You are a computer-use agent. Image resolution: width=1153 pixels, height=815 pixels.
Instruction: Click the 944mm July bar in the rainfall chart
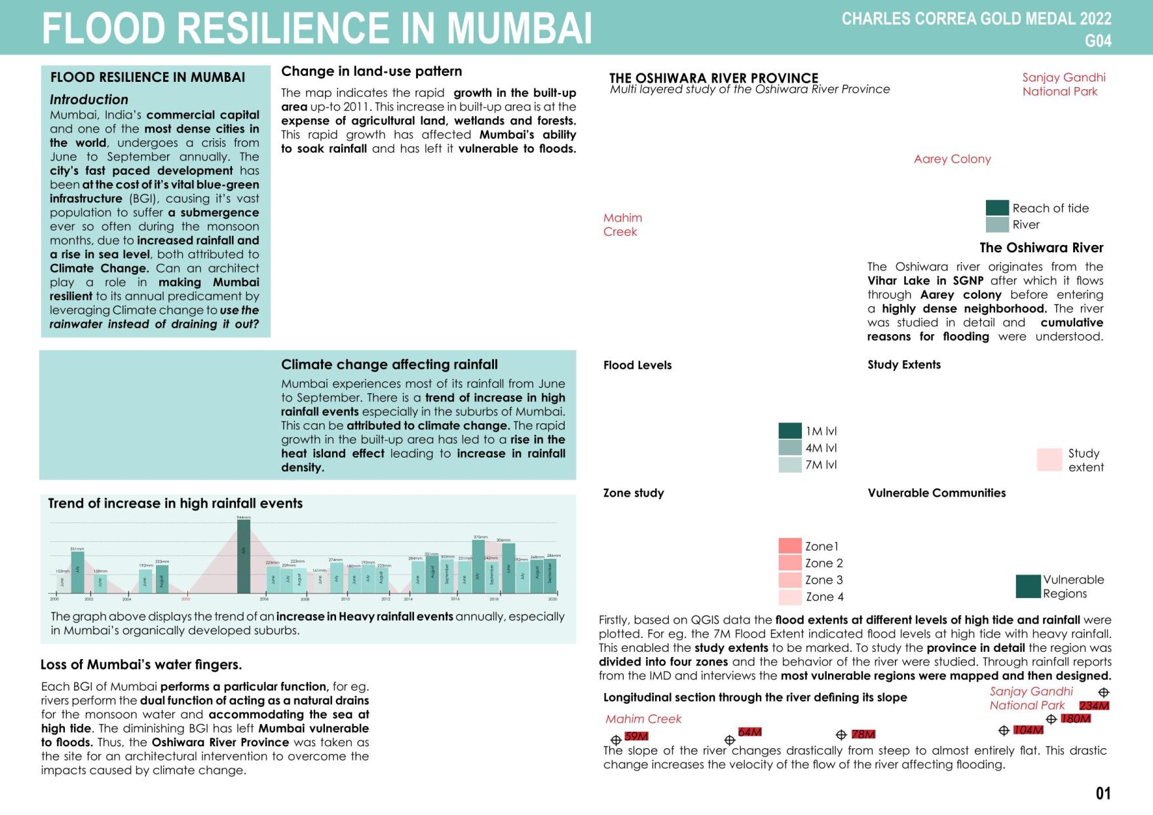(x=243, y=556)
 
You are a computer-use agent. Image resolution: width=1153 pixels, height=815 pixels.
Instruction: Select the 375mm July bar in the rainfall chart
(x=478, y=566)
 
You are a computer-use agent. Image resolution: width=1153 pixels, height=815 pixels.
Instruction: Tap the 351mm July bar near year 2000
(x=77, y=571)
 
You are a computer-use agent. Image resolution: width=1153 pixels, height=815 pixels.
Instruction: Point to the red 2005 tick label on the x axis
(x=185, y=599)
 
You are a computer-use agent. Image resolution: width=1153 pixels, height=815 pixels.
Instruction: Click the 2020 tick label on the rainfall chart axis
(x=552, y=599)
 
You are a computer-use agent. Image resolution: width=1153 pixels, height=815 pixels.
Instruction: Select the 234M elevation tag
(x=1094, y=706)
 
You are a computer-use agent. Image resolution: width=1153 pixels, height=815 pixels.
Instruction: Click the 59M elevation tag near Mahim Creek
(x=636, y=736)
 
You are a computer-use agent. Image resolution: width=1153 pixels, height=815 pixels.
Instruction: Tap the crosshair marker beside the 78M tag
(x=841, y=735)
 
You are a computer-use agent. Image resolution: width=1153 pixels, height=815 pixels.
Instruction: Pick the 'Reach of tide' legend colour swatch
(x=997, y=208)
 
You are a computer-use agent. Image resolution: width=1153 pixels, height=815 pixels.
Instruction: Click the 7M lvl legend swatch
(x=790, y=464)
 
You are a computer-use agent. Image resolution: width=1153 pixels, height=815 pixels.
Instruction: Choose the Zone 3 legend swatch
(x=790, y=580)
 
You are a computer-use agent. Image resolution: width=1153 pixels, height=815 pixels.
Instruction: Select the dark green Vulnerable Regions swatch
(x=1028, y=586)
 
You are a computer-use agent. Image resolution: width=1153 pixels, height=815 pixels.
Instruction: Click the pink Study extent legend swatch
(x=1049, y=459)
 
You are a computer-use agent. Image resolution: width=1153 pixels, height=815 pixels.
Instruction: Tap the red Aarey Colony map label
(x=952, y=159)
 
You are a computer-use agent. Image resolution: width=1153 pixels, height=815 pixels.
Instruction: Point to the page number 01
(x=1103, y=793)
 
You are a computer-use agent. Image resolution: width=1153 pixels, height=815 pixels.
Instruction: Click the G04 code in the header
(x=1098, y=41)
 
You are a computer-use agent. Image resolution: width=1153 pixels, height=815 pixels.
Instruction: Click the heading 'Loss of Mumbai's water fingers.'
(x=141, y=664)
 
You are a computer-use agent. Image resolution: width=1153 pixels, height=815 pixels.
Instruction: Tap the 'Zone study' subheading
(x=633, y=493)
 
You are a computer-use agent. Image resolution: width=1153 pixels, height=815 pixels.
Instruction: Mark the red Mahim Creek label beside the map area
(x=622, y=224)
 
